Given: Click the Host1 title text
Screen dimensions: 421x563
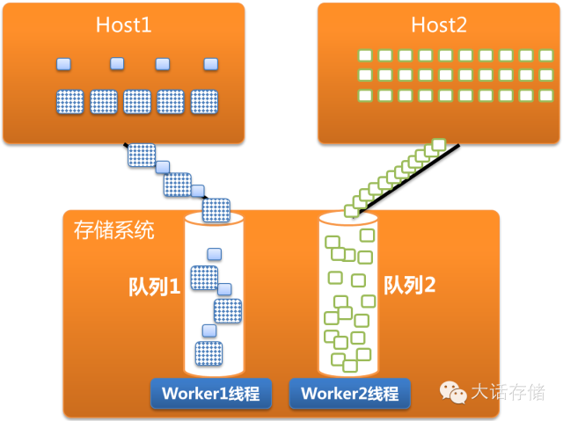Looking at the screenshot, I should coord(124,25).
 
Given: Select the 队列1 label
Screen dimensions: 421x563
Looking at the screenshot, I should coord(155,286).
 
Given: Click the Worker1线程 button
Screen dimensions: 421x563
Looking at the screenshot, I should coord(210,393).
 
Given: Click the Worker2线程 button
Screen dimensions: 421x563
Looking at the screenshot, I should coord(350,393).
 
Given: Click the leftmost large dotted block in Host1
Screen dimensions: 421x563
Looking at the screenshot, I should coord(69,101).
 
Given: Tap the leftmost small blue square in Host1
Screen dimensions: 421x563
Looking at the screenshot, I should coord(62,63).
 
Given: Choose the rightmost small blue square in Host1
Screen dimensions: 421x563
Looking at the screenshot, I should coord(209,63).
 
